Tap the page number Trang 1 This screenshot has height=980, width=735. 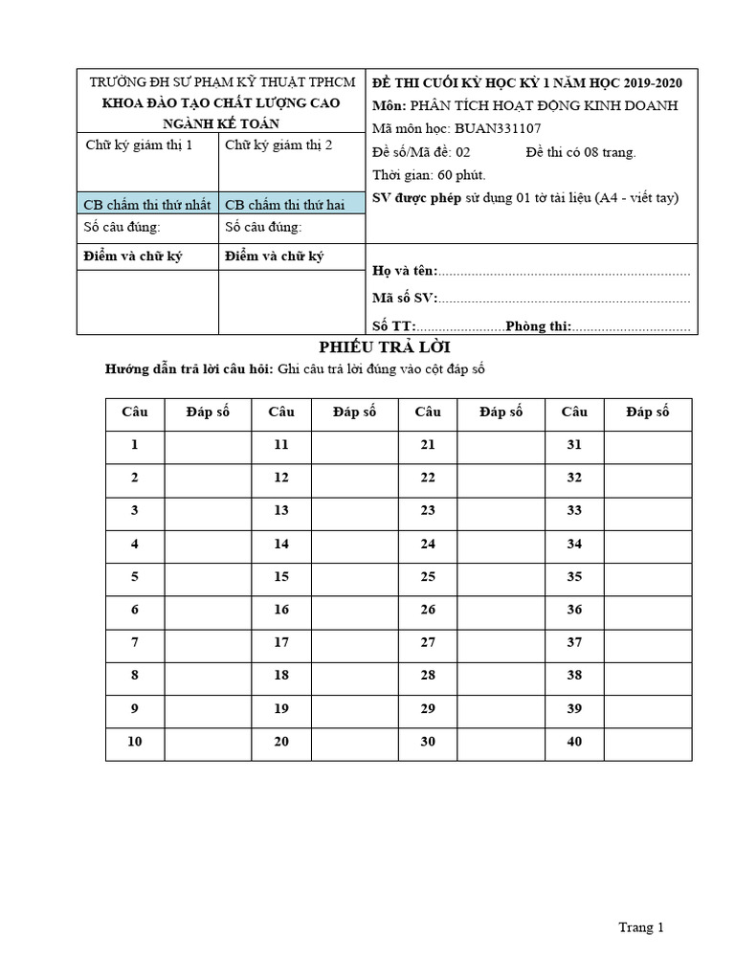(x=640, y=927)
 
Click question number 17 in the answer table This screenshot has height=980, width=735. (x=281, y=642)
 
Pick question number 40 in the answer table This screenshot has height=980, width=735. (x=574, y=742)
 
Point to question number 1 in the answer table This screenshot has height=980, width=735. (x=135, y=444)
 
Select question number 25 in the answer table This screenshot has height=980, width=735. (x=428, y=576)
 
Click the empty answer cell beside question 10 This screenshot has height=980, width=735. (x=209, y=742)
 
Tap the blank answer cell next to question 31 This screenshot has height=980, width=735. (x=647, y=444)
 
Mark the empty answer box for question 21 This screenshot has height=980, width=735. (x=501, y=444)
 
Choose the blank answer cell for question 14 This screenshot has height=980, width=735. (x=354, y=544)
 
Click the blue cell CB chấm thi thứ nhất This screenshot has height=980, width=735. (x=147, y=205)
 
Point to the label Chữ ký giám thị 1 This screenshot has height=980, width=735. (x=139, y=145)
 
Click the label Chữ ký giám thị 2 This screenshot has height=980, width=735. (x=278, y=145)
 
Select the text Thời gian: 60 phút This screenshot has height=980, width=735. (x=429, y=175)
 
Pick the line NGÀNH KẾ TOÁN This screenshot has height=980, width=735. (x=221, y=123)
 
